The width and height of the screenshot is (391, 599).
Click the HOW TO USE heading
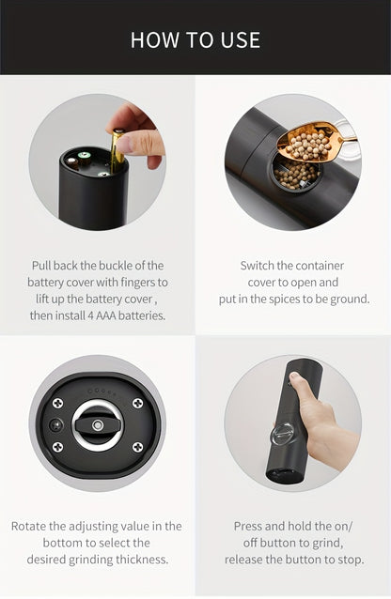(195, 39)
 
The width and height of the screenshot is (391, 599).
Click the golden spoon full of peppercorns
(310, 143)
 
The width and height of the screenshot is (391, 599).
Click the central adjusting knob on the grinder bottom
(97, 423)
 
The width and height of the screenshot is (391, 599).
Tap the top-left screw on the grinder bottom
(57, 403)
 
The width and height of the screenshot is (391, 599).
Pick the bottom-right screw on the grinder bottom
(137, 447)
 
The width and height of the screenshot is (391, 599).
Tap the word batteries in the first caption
(142, 315)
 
